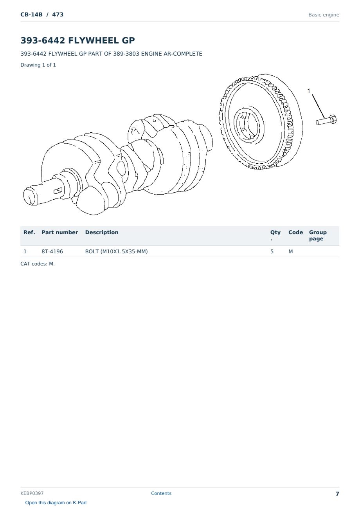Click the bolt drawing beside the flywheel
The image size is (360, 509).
coord(326,120)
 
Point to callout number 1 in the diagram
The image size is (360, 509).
coord(308,91)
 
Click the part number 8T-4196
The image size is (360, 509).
coord(52,251)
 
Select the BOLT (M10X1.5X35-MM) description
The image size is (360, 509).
coord(116,251)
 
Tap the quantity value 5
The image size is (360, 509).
coord(272,251)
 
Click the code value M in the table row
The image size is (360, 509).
coord(290,251)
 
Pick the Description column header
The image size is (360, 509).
coord(101,232)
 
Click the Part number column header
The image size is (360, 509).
coord(60,232)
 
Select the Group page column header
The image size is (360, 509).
coord(318,235)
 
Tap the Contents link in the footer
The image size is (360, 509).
coord(161,493)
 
